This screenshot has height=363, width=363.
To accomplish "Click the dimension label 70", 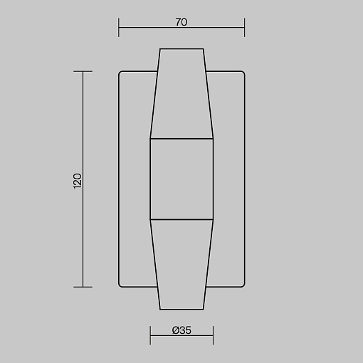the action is [181, 22].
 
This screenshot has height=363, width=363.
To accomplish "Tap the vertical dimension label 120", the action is [78, 181].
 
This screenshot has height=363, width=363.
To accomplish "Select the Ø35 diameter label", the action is [181, 330].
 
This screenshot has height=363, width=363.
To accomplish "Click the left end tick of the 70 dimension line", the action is [119, 27].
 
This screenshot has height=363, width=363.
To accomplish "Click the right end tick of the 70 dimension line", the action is [244, 27].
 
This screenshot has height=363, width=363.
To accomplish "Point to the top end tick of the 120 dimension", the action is [83, 71].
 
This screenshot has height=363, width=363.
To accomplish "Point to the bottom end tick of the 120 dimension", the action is [83, 287].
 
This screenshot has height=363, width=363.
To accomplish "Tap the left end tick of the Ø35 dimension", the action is [150, 335].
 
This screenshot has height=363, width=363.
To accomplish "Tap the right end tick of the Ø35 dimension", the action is [213, 335].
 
